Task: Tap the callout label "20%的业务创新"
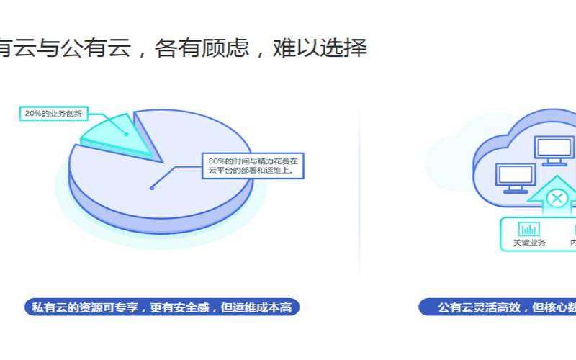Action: [x=53, y=113]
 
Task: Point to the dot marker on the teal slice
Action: [x=127, y=133]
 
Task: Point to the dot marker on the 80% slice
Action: [x=152, y=187]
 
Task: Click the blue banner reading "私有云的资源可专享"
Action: [x=161, y=307]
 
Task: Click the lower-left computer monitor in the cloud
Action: [x=516, y=176]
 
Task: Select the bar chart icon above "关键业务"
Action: [x=529, y=229]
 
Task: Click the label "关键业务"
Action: [x=529, y=243]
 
